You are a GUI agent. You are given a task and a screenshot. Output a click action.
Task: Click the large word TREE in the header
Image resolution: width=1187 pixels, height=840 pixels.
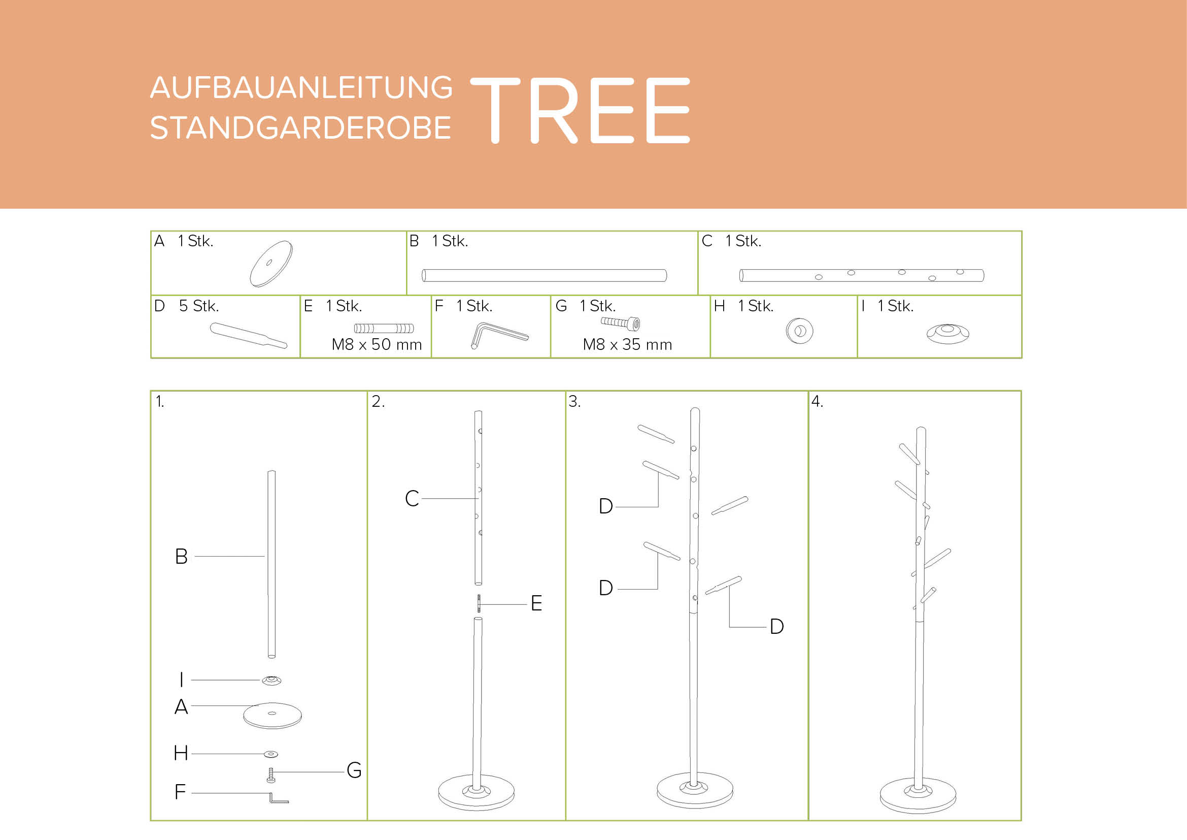(580, 110)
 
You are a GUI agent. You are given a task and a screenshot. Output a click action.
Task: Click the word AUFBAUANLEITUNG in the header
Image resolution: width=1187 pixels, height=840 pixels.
(301, 87)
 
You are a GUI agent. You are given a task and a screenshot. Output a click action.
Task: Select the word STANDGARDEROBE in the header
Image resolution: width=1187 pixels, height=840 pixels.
(300, 128)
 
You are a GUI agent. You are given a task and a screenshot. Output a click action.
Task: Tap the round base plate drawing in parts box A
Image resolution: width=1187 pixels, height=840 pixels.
(272, 264)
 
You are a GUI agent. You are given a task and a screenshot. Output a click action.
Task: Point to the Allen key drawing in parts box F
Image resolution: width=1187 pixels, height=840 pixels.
(499, 335)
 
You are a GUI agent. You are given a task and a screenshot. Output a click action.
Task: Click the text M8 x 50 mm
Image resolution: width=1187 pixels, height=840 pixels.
(377, 344)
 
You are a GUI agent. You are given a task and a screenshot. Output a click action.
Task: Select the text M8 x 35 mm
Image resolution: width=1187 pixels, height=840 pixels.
(627, 344)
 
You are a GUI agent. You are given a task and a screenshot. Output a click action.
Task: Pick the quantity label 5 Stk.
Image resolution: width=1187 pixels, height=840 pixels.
(199, 306)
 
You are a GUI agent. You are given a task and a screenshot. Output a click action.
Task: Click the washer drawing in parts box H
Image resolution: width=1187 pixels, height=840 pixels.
(799, 331)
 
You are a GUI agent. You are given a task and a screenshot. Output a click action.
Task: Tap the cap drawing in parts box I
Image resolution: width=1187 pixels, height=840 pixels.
(947, 334)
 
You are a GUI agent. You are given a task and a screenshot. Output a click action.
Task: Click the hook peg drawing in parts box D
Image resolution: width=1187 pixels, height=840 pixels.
(249, 335)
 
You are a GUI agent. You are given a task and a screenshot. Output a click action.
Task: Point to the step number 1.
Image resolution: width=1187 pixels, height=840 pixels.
(160, 401)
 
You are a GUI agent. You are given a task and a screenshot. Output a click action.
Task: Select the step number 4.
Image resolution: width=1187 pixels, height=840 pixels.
(817, 401)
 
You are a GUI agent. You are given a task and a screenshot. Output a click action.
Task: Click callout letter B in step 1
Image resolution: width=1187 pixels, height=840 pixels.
(181, 557)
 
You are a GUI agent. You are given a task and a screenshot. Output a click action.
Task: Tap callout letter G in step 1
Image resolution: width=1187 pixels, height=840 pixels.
(354, 770)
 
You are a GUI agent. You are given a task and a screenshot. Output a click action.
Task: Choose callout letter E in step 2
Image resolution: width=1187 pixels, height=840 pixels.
(536, 603)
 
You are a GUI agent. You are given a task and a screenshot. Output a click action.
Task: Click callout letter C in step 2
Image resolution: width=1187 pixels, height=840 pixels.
(412, 499)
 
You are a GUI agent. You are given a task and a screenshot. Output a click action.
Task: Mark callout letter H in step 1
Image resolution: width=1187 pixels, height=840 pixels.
(181, 753)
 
